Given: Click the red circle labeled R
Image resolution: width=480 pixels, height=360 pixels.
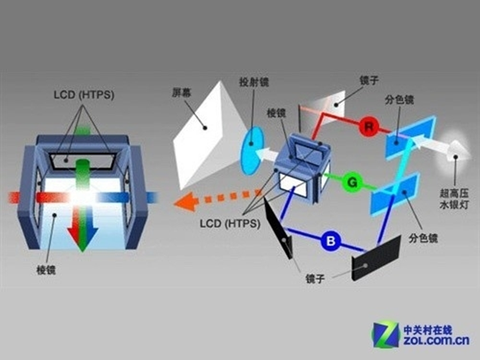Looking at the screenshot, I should (366, 126).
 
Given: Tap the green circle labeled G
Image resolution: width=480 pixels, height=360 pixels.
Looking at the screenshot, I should (352, 181).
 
